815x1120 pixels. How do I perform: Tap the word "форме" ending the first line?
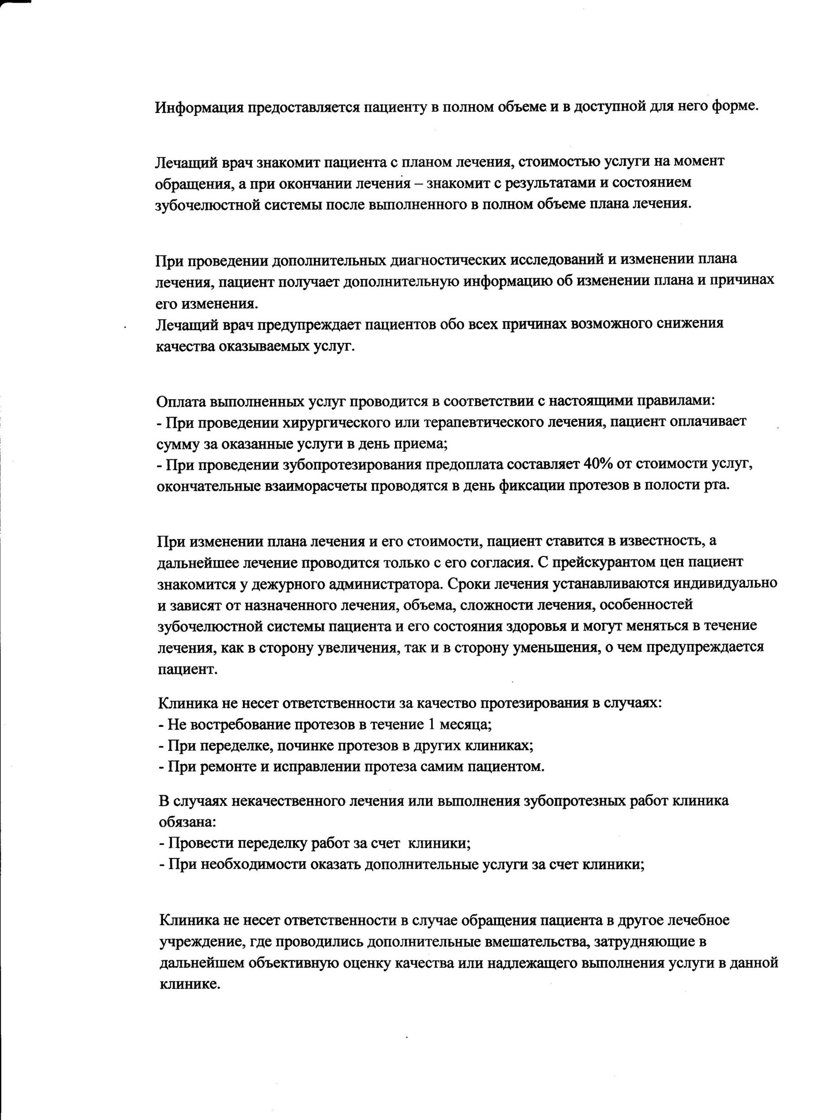pyautogui.click(x=734, y=106)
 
